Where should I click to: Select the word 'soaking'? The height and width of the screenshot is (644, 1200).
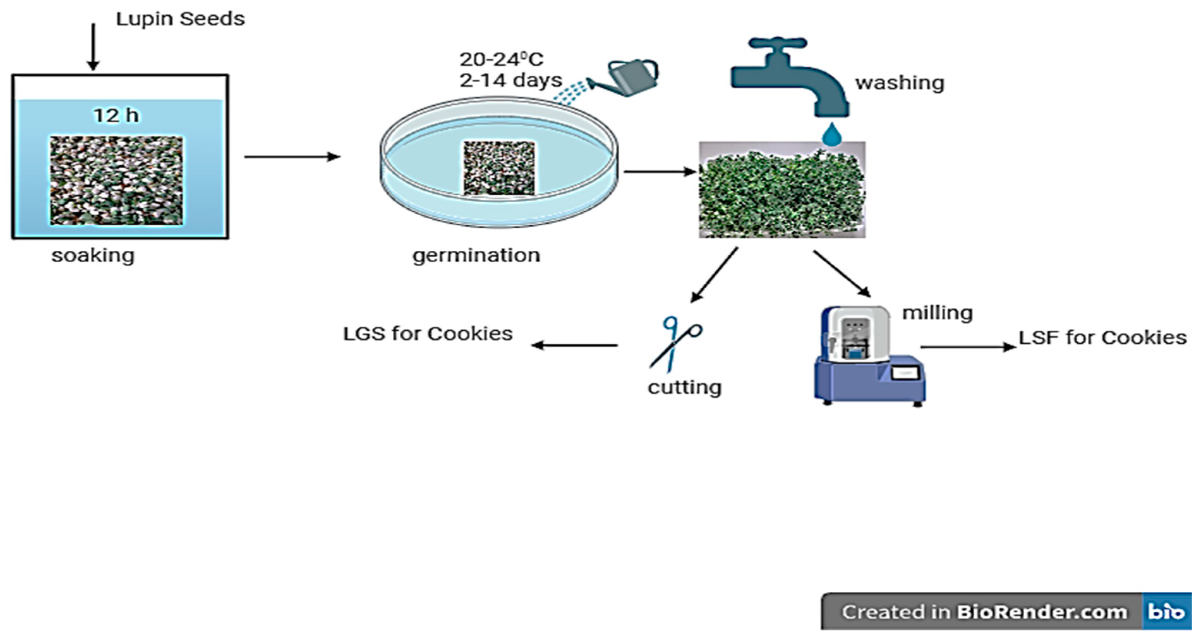click(93, 255)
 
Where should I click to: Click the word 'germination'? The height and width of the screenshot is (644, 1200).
click(476, 255)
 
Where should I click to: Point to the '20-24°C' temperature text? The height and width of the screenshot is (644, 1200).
click(501, 59)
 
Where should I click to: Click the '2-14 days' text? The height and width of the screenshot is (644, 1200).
click(510, 80)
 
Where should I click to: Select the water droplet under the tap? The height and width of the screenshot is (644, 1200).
click(831, 135)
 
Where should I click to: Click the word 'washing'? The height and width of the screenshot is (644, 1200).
click(899, 83)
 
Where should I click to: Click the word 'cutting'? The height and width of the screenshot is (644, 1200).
click(684, 387)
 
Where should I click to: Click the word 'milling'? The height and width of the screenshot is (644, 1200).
click(937, 313)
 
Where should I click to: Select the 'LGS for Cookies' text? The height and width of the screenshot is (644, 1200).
click(428, 334)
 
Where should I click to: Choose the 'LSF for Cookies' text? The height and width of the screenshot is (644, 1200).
click(1102, 337)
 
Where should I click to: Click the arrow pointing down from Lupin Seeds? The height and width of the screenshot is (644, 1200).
click(93, 47)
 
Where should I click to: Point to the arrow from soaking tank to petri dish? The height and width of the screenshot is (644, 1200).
click(292, 157)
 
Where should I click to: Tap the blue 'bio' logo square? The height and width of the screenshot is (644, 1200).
click(1166, 611)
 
